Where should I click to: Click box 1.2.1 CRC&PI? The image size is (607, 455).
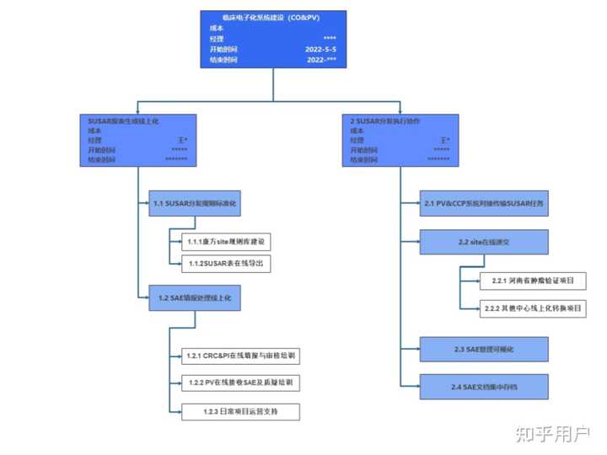[x=239, y=356]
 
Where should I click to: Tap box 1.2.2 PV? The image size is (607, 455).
[x=239, y=383]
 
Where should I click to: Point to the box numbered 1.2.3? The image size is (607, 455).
[x=239, y=412]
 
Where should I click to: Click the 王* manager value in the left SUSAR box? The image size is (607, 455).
[x=182, y=140]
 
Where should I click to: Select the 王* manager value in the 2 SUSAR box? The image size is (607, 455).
[x=444, y=140]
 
